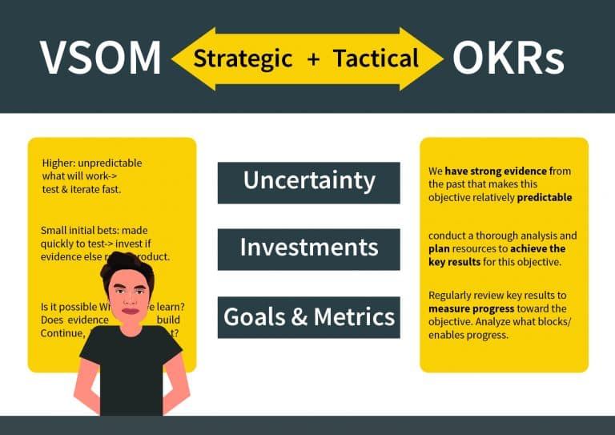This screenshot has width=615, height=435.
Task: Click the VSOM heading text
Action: point(100,58)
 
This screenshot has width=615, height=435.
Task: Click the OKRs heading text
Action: point(508,58)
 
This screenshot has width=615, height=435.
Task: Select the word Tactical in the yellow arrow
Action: point(376,58)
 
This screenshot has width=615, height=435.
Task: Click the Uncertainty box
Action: point(308,182)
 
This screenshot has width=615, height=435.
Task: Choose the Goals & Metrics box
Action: point(308,316)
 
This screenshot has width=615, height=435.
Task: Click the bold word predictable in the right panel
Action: point(544,197)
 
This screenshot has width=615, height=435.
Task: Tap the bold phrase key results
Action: point(455,262)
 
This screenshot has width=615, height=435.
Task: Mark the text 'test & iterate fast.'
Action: point(82,189)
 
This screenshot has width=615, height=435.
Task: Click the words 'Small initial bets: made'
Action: point(94,231)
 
